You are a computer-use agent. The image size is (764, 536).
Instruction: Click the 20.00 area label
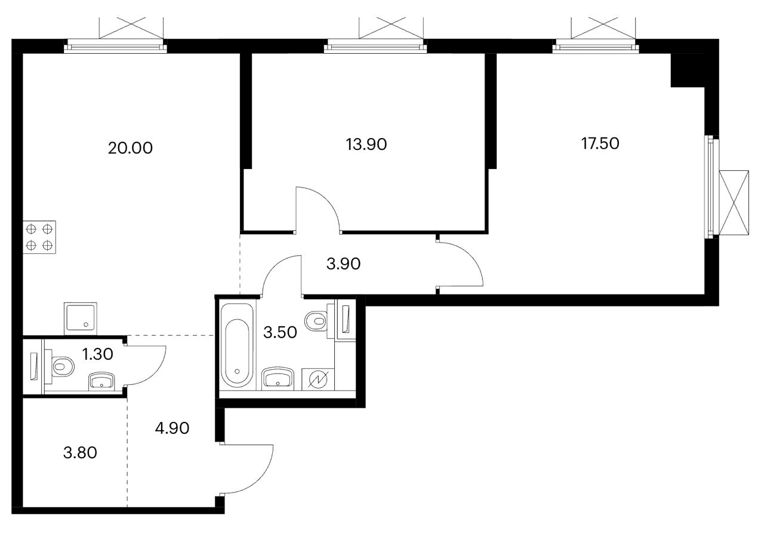click(130, 148)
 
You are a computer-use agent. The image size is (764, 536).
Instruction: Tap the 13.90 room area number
click(366, 143)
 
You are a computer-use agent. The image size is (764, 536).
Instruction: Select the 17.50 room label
click(600, 143)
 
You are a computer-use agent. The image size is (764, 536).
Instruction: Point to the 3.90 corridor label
click(343, 264)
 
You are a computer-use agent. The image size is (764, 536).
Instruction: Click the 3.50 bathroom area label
click(280, 333)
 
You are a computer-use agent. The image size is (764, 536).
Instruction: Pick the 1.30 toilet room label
click(98, 354)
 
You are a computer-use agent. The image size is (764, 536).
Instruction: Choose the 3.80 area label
click(80, 452)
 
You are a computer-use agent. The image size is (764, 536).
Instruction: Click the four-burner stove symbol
click(39, 237)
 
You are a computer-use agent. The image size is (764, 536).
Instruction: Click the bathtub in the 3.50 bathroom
click(237, 345)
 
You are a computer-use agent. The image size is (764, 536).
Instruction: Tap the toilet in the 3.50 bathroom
click(316, 320)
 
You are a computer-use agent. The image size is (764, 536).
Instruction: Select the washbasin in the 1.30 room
click(103, 381)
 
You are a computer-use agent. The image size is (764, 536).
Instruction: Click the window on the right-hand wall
click(710, 187)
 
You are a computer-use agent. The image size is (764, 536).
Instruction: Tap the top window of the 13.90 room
click(376, 46)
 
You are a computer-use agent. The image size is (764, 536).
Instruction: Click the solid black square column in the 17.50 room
click(688, 70)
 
